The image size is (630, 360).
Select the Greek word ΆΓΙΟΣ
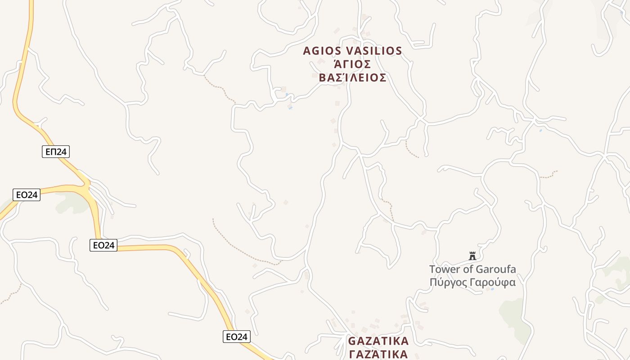pos(352,64)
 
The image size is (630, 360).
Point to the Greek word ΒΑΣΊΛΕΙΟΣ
pos(352,78)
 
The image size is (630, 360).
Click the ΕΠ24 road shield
pos(56,152)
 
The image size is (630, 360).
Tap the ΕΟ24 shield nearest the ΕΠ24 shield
pos(27,195)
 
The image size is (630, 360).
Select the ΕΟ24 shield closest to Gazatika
pos(236,337)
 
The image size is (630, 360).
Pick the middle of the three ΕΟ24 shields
pos(103,245)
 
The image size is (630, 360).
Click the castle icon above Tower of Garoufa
pos(472,256)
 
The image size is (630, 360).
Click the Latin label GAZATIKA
pos(378,341)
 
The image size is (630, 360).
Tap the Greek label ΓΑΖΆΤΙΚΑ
pos(378,354)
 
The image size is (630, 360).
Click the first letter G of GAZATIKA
pos(352,341)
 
